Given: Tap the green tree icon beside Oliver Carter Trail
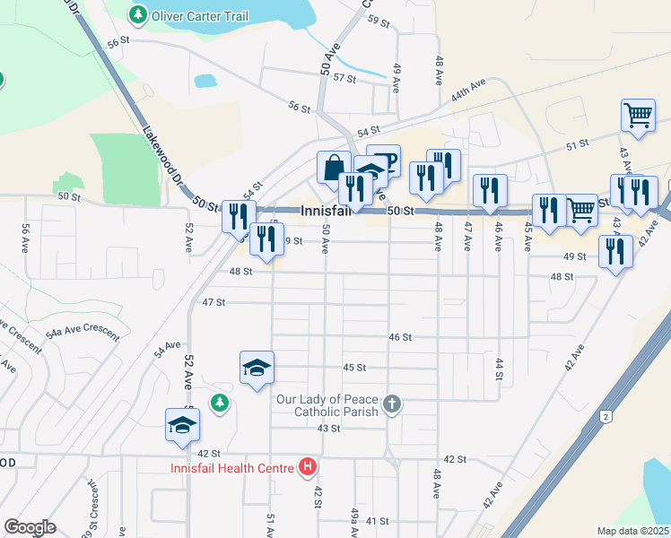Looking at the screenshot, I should pyautogui.click(x=136, y=15).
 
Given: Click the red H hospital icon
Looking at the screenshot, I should pyautogui.click(x=308, y=467).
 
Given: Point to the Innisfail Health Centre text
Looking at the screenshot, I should pyautogui.click(x=232, y=468).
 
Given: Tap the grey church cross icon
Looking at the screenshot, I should pyautogui.click(x=391, y=404).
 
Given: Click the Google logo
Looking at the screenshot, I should pyautogui.click(x=30, y=526).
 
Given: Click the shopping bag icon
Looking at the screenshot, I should pyautogui.click(x=334, y=167).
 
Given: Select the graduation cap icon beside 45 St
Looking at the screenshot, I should pyautogui.click(x=257, y=368).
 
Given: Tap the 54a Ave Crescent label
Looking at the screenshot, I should pyautogui.click(x=84, y=333).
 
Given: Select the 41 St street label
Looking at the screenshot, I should pyautogui.click(x=376, y=521).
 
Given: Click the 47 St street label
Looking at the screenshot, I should pyautogui.click(x=213, y=303).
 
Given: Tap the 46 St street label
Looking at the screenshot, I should pyautogui.click(x=400, y=337).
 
